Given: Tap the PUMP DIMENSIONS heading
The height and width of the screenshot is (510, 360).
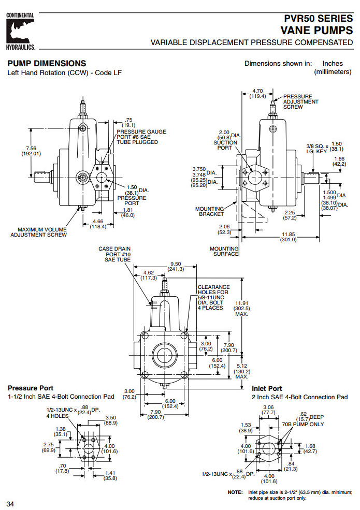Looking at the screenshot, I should point(47,64).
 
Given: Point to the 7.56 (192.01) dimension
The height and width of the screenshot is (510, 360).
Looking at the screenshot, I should point(31,151).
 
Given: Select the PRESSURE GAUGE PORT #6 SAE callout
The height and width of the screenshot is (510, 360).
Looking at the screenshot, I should point(141,137).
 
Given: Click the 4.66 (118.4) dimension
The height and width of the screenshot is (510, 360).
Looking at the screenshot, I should point(98,224).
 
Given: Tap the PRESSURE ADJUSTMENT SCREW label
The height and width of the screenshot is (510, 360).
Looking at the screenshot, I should point(300,101).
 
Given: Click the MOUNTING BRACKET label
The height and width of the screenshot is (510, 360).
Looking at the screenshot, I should point(209,211).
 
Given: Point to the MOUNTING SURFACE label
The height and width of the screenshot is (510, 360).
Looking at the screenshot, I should point(224,251).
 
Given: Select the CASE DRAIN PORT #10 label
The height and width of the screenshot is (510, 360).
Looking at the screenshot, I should point(114,254).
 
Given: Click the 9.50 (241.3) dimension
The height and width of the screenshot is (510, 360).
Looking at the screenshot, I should point(176,266).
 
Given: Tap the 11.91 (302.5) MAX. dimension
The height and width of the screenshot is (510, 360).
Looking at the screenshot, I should point(242,307).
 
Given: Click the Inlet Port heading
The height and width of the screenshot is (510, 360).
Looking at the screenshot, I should point(267,388).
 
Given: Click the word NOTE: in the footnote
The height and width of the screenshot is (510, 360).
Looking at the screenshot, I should point(235,492).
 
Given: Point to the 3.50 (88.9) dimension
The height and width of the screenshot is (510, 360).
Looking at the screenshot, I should point(110,420).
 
